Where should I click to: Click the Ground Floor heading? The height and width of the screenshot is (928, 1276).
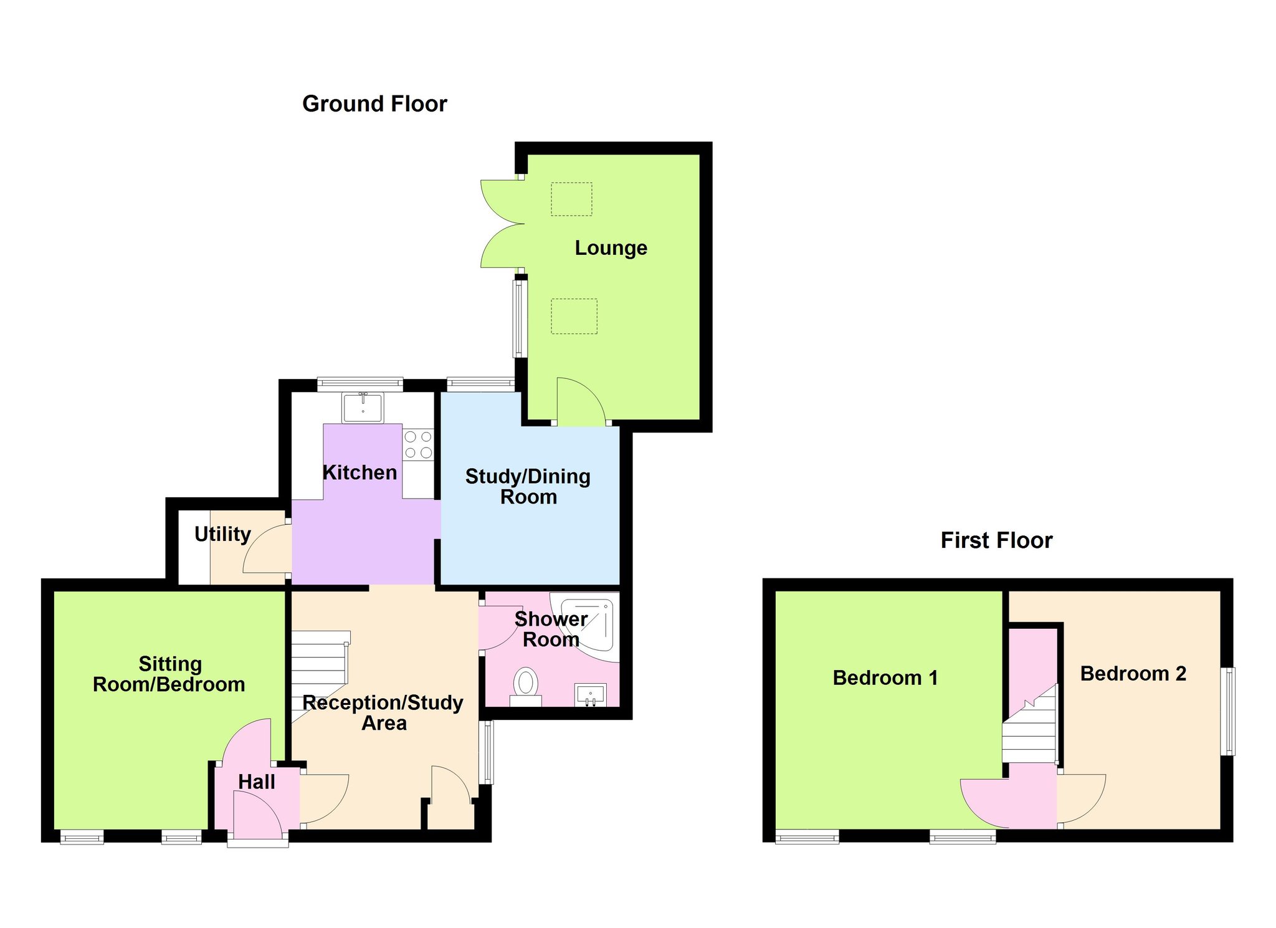(374, 104)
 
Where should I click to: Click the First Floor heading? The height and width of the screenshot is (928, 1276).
(996, 540)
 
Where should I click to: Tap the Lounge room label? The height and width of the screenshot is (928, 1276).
(611, 248)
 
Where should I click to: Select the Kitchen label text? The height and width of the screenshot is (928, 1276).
(359, 472)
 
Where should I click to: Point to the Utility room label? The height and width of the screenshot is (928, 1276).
(222, 534)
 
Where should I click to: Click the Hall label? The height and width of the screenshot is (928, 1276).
(257, 782)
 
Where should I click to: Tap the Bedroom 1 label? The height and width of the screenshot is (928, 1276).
(885, 677)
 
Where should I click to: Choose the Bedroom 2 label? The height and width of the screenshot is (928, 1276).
(1133, 674)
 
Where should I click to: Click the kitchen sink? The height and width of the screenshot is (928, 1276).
(363, 408)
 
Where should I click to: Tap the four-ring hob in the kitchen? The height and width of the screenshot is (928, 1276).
(418, 445)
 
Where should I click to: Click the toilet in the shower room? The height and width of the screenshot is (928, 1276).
(526, 687)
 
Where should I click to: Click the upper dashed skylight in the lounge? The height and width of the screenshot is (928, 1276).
(571, 199)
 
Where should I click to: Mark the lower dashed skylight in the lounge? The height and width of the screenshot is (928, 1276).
(574, 316)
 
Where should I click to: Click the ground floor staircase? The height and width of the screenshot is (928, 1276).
(320, 677)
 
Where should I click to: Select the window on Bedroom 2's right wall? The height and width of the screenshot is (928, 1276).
(1227, 712)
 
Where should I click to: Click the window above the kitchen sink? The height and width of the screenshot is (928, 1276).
(360, 384)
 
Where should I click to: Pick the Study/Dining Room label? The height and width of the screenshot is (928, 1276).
(528, 487)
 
